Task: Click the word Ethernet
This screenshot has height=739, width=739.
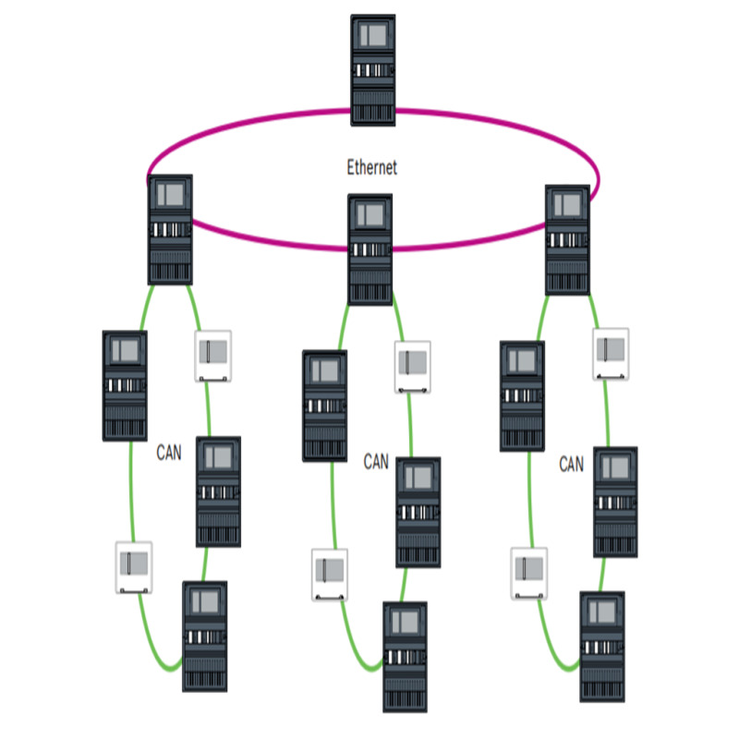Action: (x=371, y=167)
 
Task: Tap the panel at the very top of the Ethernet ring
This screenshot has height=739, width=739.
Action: (x=373, y=70)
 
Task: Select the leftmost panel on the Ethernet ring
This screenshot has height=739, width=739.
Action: (x=170, y=229)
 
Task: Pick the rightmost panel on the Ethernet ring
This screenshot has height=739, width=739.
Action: (x=567, y=240)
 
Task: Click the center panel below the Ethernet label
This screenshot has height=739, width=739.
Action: (x=370, y=249)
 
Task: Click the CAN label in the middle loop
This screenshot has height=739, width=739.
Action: (x=376, y=461)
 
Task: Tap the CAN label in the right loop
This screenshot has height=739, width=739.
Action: (x=571, y=465)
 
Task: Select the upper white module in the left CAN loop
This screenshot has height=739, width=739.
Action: (x=212, y=356)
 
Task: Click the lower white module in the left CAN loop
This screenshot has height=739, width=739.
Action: (x=134, y=567)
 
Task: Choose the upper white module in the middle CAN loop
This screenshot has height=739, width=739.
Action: (x=413, y=369)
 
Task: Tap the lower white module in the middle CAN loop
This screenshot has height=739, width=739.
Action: (x=330, y=575)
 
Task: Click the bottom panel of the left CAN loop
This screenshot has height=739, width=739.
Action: (x=205, y=636)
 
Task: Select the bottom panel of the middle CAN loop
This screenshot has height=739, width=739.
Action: (x=405, y=657)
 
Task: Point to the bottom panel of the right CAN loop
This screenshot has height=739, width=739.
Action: (x=601, y=647)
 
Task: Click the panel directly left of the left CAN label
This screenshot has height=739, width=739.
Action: (x=125, y=384)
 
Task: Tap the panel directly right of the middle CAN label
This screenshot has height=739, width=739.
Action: (x=418, y=513)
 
